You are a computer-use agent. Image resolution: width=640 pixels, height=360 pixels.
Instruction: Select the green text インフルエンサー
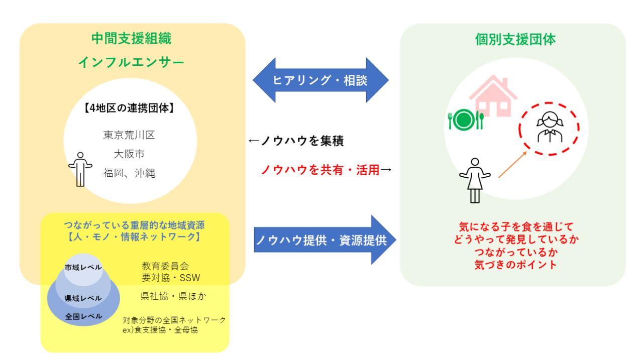131,62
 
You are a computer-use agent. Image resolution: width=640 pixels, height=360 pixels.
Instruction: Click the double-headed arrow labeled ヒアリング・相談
321,80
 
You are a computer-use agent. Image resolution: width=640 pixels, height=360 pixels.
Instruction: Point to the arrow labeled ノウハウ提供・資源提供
325,240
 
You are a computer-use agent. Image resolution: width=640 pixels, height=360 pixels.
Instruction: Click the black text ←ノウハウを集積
296,141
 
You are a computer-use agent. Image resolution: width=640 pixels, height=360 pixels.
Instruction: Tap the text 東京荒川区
129,135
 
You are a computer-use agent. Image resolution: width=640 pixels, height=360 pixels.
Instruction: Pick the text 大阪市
129,154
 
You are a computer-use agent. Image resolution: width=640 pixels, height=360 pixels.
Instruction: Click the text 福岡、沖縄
129,173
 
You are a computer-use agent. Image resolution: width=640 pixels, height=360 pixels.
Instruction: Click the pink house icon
492,96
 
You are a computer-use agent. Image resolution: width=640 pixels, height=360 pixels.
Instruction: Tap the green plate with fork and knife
465,119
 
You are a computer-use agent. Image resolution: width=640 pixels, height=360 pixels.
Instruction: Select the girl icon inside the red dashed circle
549,127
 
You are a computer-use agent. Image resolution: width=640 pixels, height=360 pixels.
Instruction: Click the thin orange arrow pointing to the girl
512,164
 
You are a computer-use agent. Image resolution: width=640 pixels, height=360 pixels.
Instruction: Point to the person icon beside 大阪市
80,169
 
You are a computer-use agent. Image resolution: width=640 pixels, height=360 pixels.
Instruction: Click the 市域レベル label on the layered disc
83,267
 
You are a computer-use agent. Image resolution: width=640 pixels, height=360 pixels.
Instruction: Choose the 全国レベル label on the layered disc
83,316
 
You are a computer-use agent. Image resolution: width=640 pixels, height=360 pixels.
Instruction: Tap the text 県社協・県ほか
173,296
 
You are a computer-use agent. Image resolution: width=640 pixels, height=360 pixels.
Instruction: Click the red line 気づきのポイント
515,265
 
